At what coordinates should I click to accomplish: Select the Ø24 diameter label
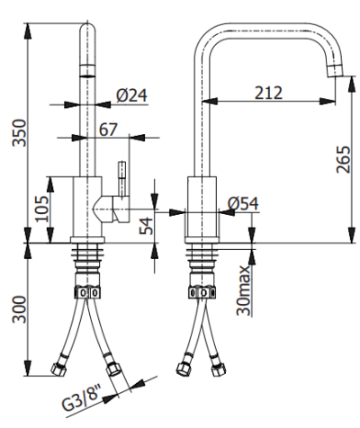click(132, 93)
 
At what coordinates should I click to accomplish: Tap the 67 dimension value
click(108, 129)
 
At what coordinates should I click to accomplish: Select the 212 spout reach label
click(268, 92)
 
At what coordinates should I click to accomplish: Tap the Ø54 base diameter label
click(243, 203)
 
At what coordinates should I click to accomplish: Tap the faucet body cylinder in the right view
click(202, 207)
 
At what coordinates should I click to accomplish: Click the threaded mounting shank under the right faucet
click(202, 265)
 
